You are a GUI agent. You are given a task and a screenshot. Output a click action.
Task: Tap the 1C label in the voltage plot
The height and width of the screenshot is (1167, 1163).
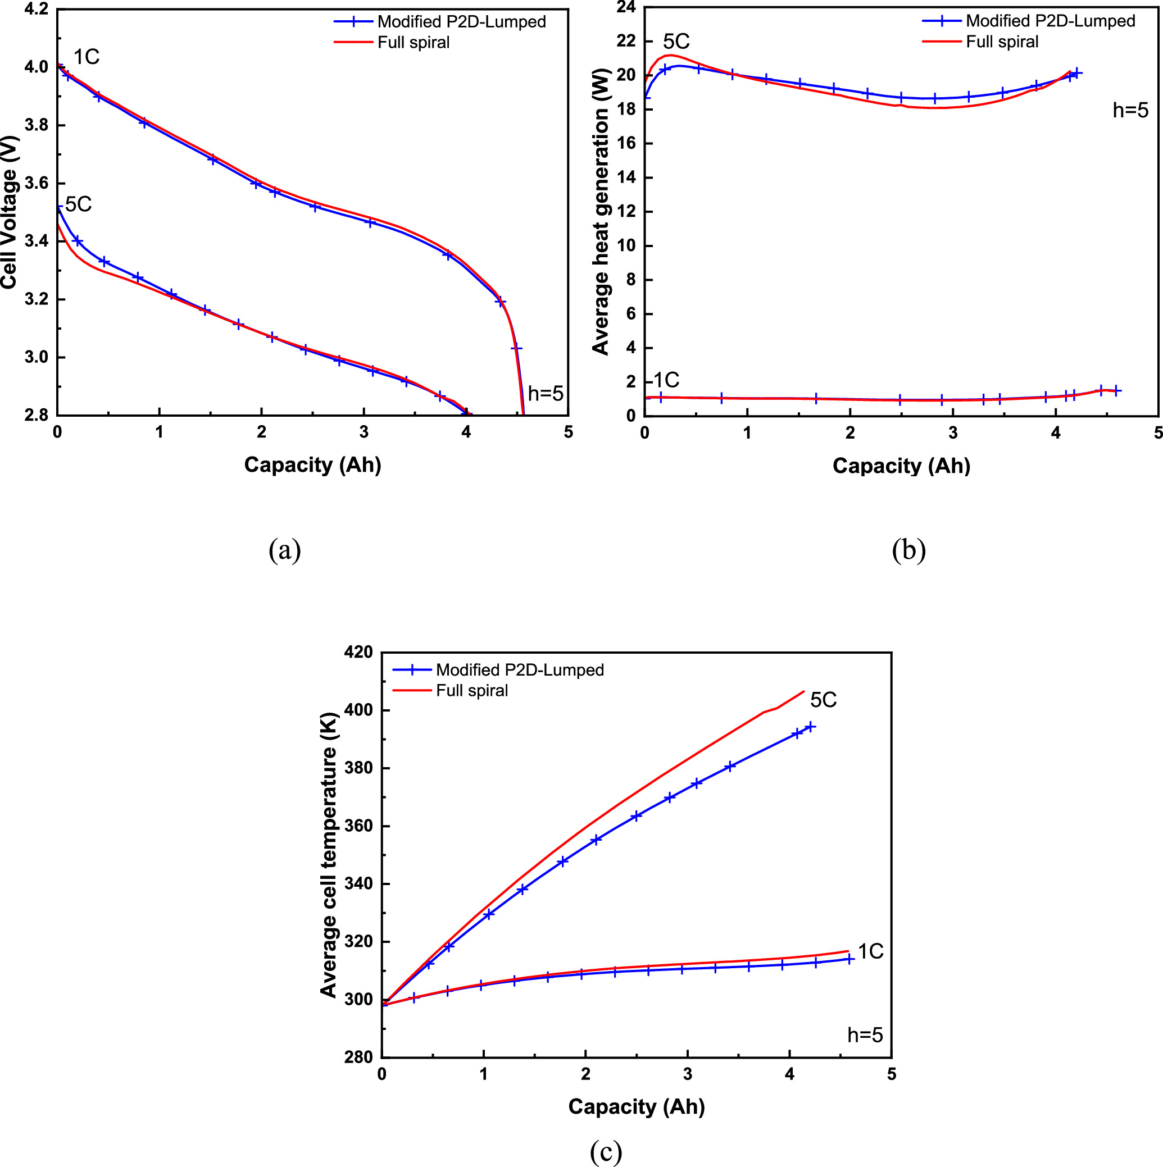pyautogui.click(x=86, y=57)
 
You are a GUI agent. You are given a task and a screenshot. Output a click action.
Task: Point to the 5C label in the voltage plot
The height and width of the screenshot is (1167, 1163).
pyautogui.click(x=79, y=205)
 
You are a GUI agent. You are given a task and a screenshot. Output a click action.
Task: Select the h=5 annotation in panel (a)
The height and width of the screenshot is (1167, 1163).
pyautogui.click(x=545, y=394)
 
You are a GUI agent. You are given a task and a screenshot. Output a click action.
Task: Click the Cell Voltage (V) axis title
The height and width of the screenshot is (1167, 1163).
pyautogui.click(x=8, y=211)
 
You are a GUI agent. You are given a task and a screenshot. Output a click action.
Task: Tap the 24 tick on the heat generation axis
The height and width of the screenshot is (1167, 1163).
pyautogui.click(x=626, y=7)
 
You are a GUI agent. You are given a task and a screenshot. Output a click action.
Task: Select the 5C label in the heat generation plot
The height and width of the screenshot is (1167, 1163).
pyautogui.click(x=676, y=42)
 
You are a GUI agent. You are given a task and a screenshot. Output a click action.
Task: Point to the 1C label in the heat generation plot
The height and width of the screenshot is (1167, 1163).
pyautogui.click(x=666, y=380)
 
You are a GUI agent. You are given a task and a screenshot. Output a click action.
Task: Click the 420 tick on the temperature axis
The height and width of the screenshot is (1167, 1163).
pyautogui.click(x=359, y=652)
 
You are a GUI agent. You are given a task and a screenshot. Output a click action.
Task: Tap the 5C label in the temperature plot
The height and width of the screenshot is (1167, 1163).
pyautogui.click(x=823, y=700)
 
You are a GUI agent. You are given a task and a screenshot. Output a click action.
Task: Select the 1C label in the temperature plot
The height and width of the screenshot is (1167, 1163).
pyautogui.click(x=871, y=952)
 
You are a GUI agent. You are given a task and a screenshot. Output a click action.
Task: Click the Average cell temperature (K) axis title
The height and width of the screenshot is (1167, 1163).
pyautogui.click(x=328, y=855)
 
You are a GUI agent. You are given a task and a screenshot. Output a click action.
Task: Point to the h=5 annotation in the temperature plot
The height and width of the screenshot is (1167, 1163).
pyautogui.click(x=865, y=1036)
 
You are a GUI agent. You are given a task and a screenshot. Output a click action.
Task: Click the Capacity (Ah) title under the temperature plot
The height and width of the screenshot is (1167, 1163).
pyautogui.click(x=636, y=1106)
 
